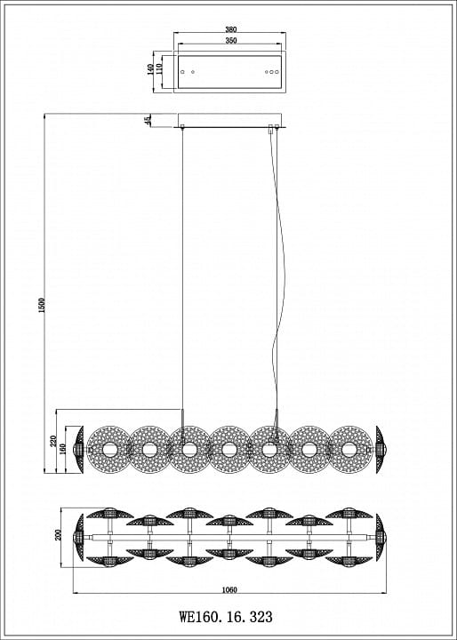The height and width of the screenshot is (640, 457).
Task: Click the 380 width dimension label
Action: pyautogui.click(x=231, y=29)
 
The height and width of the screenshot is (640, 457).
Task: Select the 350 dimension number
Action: pyautogui.click(x=231, y=40)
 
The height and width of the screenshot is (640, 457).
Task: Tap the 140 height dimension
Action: pyautogui.click(x=150, y=69)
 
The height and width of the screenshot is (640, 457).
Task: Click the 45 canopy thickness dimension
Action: pyautogui.click(x=148, y=120)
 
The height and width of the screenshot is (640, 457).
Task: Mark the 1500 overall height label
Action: pyautogui.click(x=41, y=305)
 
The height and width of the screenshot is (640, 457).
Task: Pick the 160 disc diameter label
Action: pyautogui.click(x=63, y=449)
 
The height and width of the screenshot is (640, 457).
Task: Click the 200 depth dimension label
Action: pyautogui.click(x=59, y=535)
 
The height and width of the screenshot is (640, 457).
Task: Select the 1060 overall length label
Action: pyautogui.click(x=229, y=589)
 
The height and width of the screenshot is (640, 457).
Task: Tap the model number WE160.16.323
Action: pyautogui.click(x=226, y=616)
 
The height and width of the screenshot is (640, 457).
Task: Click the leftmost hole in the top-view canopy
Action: pyautogui.click(x=182, y=72)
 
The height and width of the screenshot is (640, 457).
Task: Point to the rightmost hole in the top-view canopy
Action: pyautogui.click(x=277, y=72)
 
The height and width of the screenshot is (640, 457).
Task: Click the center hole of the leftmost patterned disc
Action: pyautogui.click(x=109, y=450)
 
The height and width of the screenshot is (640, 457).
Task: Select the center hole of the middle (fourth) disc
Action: pyautogui.click(x=229, y=450)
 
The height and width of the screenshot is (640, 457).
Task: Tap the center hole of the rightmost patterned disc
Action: pyautogui.click(x=349, y=450)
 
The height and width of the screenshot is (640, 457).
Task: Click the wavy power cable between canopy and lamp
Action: pyautogui.click(x=278, y=269)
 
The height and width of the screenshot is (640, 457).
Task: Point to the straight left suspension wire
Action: pyautogui.click(x=182, y=269)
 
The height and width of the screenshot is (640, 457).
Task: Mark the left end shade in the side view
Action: pyautogui.click(x=78, y=450)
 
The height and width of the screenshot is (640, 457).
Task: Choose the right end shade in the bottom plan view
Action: pyautogui.click(x=381, y=537)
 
